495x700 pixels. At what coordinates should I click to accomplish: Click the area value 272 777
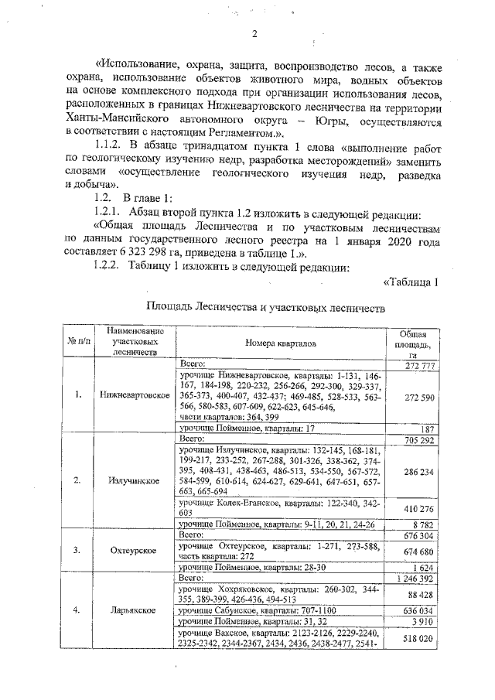coord(422,364)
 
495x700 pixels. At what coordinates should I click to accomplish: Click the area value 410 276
coord(422,507)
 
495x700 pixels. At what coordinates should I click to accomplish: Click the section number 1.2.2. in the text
coord(108,267)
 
